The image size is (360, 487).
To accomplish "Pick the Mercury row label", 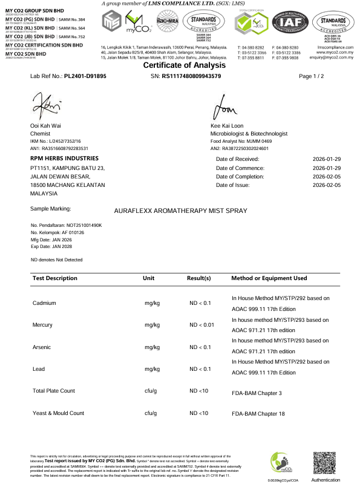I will (x=43, y=325).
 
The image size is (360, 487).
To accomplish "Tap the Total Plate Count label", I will (x=54, y=391).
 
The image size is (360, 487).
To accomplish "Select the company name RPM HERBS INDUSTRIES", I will (x=65, y=158).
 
